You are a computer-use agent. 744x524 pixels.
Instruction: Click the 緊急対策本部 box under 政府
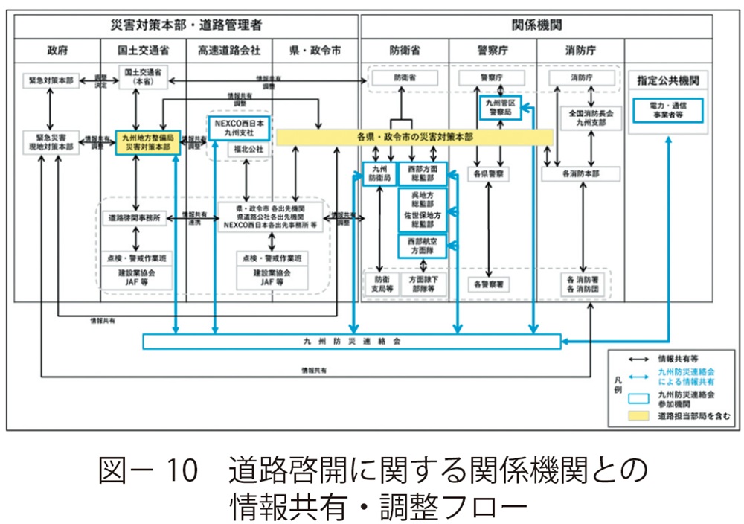tap(48, 79)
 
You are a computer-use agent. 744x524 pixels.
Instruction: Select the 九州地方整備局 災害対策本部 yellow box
tap(147, 142)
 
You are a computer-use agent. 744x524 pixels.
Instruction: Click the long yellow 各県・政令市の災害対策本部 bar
tap(414, 138)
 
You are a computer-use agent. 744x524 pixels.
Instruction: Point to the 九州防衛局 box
tap(379, 174)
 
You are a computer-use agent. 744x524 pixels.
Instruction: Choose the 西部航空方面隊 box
tap(422, 246)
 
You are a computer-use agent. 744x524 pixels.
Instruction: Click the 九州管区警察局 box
tap(500, 107)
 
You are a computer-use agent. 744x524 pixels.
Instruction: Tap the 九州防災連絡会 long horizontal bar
tap(352, 342)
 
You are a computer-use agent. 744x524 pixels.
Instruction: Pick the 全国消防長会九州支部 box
tap(591, 118)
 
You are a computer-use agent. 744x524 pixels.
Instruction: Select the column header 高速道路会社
tap(228, 51)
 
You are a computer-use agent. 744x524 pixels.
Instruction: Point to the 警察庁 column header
tap(492, 51)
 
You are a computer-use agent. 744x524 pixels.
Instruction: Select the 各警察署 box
tap(489, 284)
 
